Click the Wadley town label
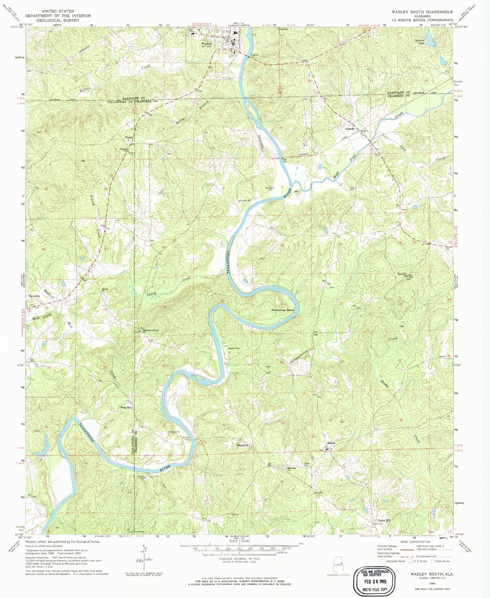[206, 43]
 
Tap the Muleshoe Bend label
[283, 310]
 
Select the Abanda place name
[350, 129]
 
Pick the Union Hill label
[384, 520]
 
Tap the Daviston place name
[34, 296]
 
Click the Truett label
[128, 137]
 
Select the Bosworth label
[243, 445]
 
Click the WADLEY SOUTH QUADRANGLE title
[422, 12]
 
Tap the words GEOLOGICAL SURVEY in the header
[58, 20]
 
